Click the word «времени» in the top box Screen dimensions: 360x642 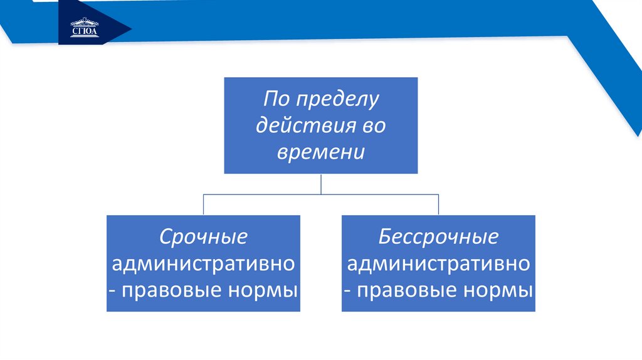[320, 152]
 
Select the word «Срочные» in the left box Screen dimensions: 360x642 [203, 237]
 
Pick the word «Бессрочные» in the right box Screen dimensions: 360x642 [438, 237]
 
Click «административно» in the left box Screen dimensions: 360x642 [203, 263]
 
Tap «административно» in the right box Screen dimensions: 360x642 [438, 263]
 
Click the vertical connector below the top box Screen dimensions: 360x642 [321, 184]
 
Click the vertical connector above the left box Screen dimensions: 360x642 [203, 204]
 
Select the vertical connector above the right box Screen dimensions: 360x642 [438, 204]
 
